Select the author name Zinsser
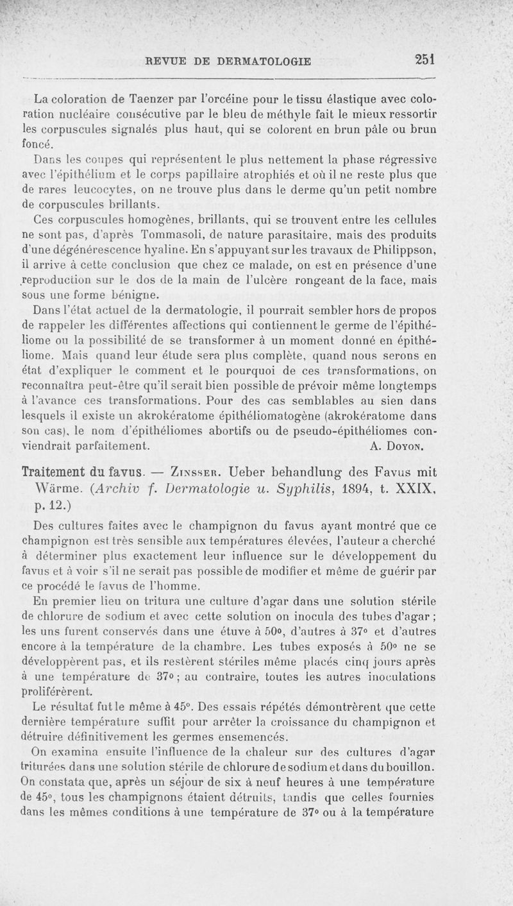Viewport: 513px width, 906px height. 201,472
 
